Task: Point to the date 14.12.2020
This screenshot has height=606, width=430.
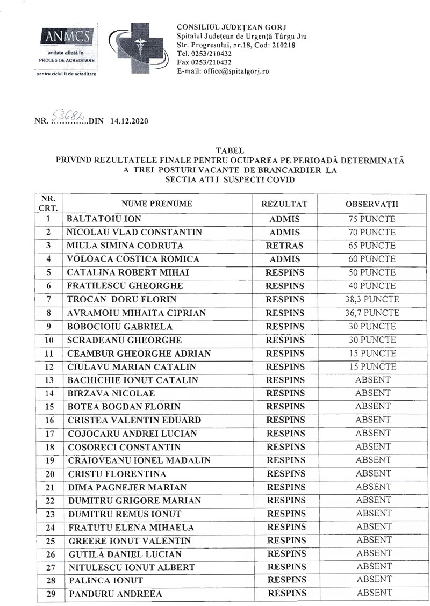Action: (x=129, y=121)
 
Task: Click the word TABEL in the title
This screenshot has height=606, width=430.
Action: (x=229, y=151)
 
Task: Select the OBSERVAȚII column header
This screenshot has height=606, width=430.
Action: (x=371, y=204)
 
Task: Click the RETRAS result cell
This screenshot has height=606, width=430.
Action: (x=284, y=246)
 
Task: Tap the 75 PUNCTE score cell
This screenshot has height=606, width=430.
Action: (x=372, y=219)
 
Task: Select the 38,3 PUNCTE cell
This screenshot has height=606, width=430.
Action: (x=372, y=300)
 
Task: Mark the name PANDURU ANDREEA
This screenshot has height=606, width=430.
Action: (x=115, y=594)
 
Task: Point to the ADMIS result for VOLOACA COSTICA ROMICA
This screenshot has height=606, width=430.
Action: (x=284, y=259)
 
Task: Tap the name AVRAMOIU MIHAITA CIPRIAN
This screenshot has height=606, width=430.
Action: (x=137, y=313)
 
